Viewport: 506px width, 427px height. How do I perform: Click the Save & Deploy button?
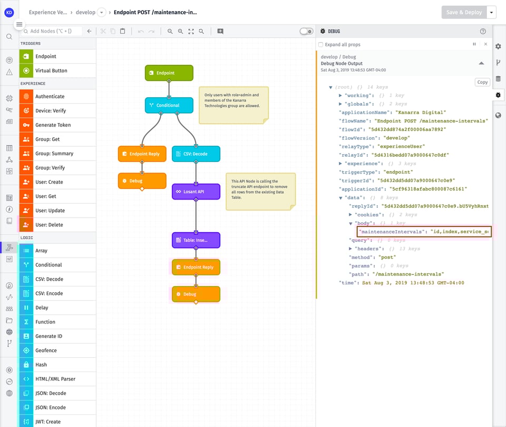click(x=464, y=12)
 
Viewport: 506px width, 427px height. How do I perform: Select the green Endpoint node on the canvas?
click(x=169, y=73)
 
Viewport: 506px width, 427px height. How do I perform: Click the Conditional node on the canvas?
click(x=169, y=105)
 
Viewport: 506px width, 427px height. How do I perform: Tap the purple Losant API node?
click(x=196, y=192)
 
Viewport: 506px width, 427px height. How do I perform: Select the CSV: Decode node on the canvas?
click(x=196, y=154)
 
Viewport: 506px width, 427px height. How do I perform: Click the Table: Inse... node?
click(x=196, y=240)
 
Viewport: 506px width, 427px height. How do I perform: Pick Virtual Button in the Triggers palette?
click(x=51, y=71)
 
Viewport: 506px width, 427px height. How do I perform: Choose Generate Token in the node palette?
click(x=53, y=125)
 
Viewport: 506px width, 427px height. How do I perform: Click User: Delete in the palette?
click(x=49, y=225)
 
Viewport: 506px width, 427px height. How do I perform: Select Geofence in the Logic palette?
click(x=46, y=350)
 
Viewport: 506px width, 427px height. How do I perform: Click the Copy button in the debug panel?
click(x=482, y=82)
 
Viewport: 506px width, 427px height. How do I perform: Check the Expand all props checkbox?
click(x=321, y=45)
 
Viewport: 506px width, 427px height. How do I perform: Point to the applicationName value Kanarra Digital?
click(x=421, y=112)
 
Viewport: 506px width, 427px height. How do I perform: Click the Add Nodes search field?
click(x=53, y=32)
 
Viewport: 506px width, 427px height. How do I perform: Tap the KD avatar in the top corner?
click(x=9, y=12)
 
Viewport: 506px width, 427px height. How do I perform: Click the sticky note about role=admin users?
click(x=233, y=105)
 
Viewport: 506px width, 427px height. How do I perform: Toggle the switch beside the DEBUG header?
click(x=306, y=32)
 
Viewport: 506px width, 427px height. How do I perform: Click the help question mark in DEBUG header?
click(x=483, y=32)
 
